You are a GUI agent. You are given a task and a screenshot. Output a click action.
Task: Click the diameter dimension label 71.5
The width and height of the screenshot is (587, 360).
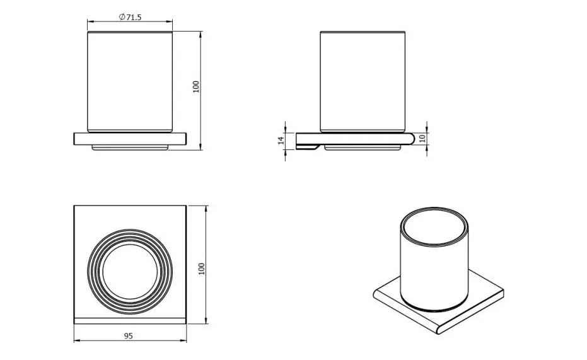(x=134, y=17)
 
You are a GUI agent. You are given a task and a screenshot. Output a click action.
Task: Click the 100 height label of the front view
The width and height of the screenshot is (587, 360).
(x=196, y=87)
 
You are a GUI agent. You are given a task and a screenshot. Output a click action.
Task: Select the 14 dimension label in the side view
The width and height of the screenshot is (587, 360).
(x=281, y=141)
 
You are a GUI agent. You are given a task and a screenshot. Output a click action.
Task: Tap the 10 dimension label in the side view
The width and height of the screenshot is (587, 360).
(x=422, y=138)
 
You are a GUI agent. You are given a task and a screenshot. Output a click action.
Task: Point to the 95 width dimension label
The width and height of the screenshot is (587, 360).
(x=129, y=335)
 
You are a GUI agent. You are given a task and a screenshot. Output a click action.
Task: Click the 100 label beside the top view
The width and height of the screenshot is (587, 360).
(x=201, y=269)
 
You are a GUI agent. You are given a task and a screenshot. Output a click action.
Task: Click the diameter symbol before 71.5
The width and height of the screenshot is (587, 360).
(x=122, y=17)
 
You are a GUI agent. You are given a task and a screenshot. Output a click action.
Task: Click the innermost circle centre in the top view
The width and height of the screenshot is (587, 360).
(x=130, y=270)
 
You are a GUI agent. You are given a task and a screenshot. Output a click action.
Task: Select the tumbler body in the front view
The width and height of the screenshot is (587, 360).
(x=130, y=81)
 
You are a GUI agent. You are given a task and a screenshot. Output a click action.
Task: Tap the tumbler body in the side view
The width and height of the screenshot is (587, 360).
(x=363, y=81)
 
